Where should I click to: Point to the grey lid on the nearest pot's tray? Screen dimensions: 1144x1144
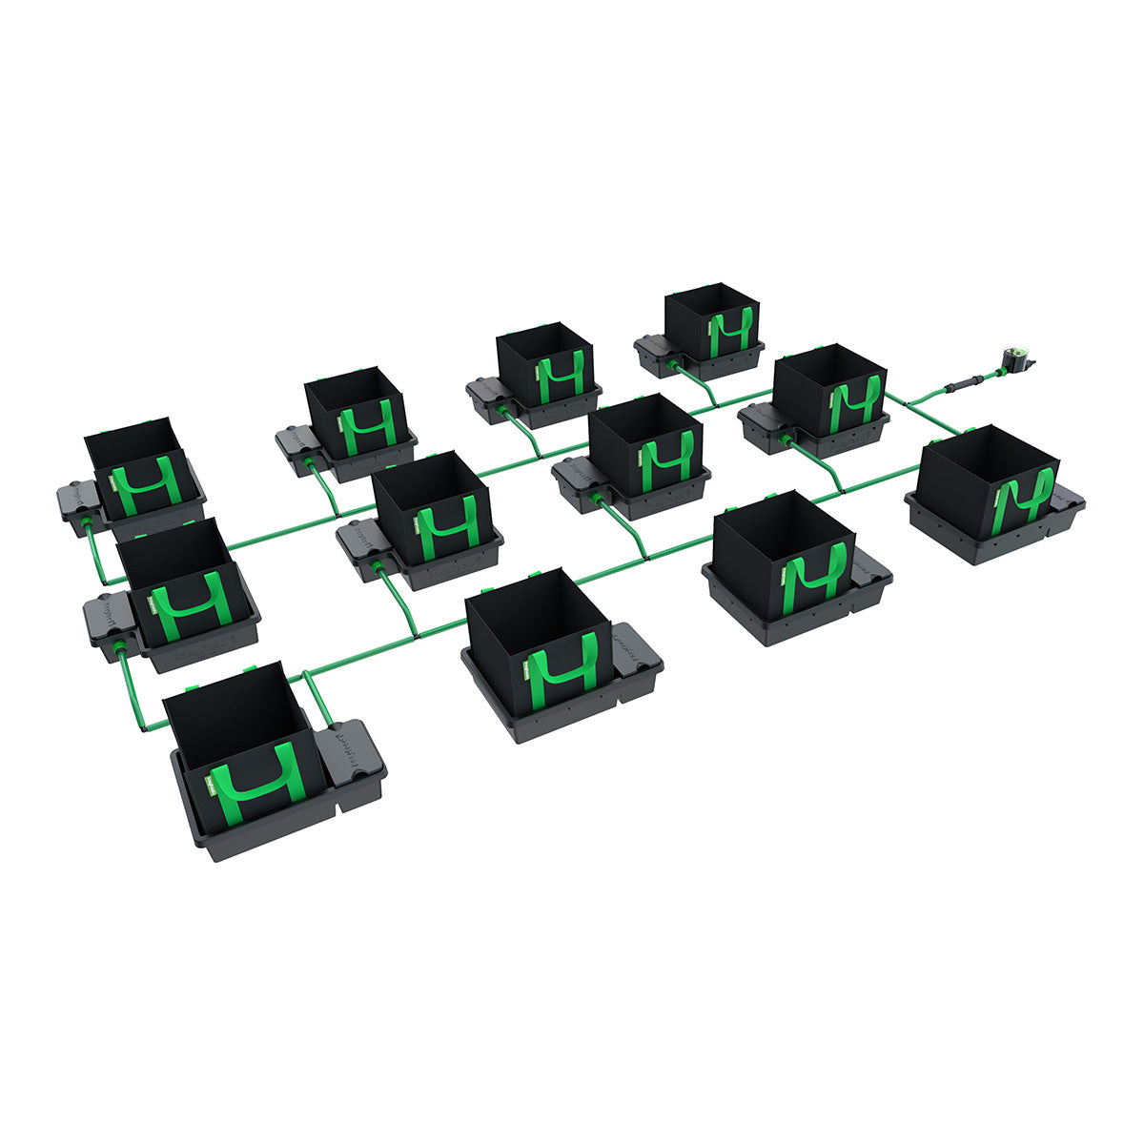pos(351,753)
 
